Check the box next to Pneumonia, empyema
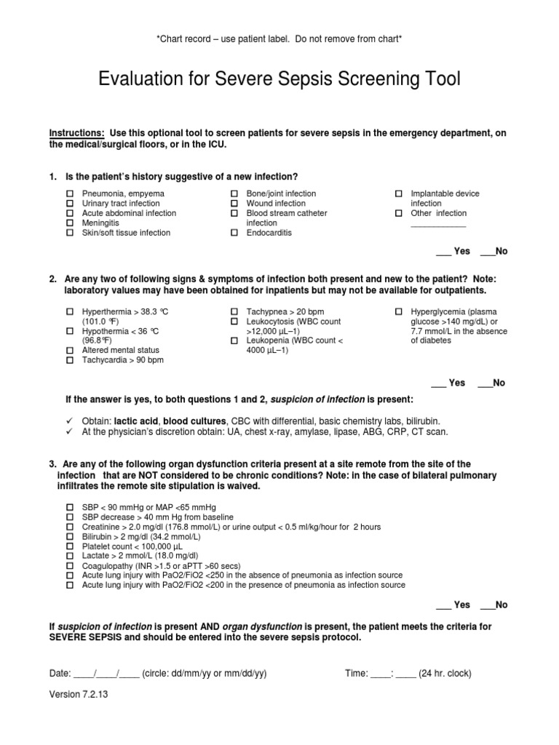click(x=71, y=194)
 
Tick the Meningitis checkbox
click(x=71, y=223)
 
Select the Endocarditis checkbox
click(x=234, y=234)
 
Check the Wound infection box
click(x=234, y=204)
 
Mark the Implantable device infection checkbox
click(x=399, y=194)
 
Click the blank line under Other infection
click(x=438, y=226)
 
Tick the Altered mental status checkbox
click(x=71, y=350)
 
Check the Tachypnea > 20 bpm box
click(x=234, y=311)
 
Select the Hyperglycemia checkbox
click(x=399, y=311)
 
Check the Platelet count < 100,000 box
click(x=71, y=546)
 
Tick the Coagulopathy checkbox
click(x=71, y=565)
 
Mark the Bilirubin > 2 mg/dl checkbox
click(x=71, y=536)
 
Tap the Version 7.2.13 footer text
click(x=79, y=694)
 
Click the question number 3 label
click(x=53, y=463)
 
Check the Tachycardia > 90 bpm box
click(x=71, y=360)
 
